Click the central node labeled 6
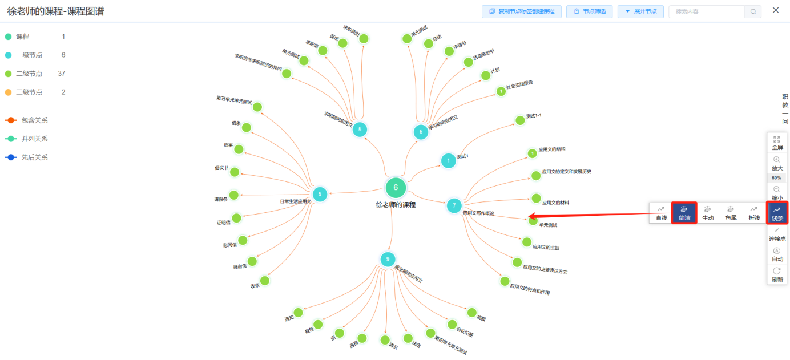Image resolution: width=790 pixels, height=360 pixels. pos(396,187)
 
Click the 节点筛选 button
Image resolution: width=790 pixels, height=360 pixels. pos(590,11)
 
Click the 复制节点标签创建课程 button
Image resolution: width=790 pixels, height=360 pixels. pos(522,11)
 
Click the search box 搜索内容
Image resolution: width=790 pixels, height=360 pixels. pos(707,11)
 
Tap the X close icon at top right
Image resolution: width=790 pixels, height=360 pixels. pos(776,10)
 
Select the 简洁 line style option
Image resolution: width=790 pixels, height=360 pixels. pos(684,213)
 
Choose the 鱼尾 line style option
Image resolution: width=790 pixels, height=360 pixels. pos(731,213)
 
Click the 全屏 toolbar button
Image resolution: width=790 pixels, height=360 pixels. pos(776,143)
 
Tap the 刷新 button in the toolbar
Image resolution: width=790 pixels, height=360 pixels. pos(777,274)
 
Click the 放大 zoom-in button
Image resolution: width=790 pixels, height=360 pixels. pos(777,163)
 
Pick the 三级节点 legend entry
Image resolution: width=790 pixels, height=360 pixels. pos(29,92)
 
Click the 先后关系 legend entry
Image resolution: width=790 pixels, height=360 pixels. pos(34,157)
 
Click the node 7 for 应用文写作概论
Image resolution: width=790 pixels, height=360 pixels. pos(454,205)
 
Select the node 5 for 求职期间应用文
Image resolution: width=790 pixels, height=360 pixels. pos(359,130)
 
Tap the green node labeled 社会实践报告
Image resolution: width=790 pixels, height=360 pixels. pos(501,91)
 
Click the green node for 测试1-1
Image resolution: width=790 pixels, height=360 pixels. pos(519,120)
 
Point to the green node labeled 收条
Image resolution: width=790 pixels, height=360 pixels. pos(264,281)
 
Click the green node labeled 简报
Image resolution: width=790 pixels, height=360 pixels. pos(471,312)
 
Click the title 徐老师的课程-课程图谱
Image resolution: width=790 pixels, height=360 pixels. pos(55,11)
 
